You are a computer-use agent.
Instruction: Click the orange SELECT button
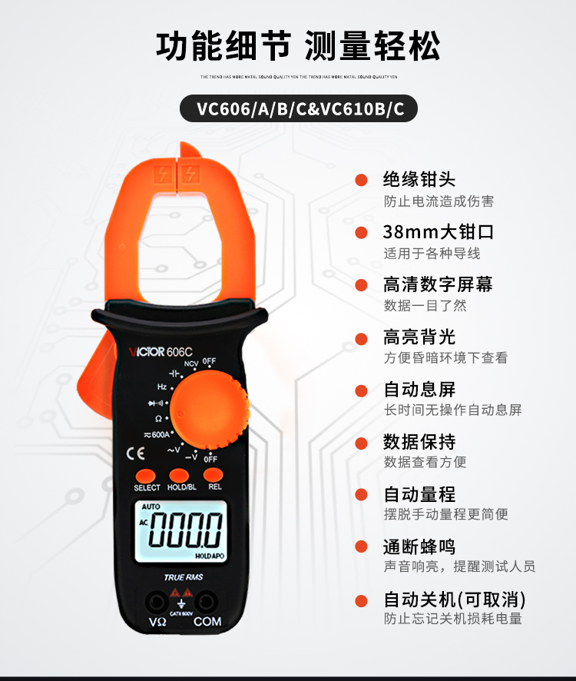point(147,476)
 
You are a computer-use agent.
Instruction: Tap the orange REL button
point(214,475)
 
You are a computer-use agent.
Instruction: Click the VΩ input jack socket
point(157,600)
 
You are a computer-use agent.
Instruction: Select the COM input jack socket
point(207,600)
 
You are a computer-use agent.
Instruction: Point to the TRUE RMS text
point(183,576)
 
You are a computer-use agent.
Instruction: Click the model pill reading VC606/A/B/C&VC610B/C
point(300,108)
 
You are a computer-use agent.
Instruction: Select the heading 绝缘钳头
point(419,180)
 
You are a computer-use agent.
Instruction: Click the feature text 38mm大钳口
point(439,232)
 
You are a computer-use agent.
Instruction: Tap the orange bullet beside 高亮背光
point(360,338)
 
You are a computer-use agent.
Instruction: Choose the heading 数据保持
point(419,442)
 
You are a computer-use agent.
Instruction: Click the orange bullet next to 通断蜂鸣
point(360,547)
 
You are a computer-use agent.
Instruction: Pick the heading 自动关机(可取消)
point(455,600)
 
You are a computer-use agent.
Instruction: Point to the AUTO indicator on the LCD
point(151,507)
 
